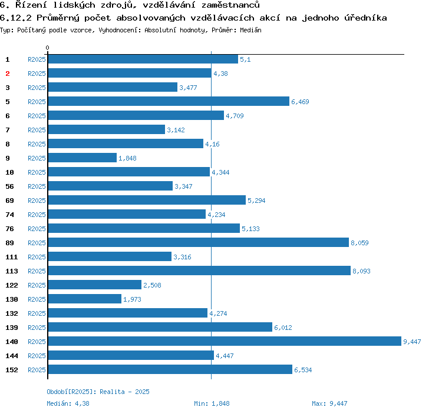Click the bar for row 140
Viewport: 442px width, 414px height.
[224, 342]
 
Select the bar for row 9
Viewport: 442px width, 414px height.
[82, 158]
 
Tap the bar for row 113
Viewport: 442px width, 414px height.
[199, 271]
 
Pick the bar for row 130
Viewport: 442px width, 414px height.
[84, 299]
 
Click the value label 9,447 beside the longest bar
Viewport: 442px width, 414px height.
[412, 342]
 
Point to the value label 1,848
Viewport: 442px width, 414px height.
[128, 158]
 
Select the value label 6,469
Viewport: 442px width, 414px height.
[300, 102]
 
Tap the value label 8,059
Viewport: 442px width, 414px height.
[359, 243]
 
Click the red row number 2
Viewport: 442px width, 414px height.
[8, 74]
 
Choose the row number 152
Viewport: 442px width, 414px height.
[12, 370]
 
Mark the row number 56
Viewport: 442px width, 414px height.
[9, 186]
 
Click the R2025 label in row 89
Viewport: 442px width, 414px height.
[37, 243]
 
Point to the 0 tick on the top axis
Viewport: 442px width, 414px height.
[48, 48]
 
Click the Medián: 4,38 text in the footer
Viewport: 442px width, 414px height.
[68, 403]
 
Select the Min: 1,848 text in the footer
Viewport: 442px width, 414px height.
[212, 403]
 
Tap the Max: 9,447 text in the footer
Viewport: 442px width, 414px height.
[329, 403]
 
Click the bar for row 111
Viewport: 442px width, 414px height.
[109, 257]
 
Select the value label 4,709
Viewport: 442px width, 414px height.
[235, 116]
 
